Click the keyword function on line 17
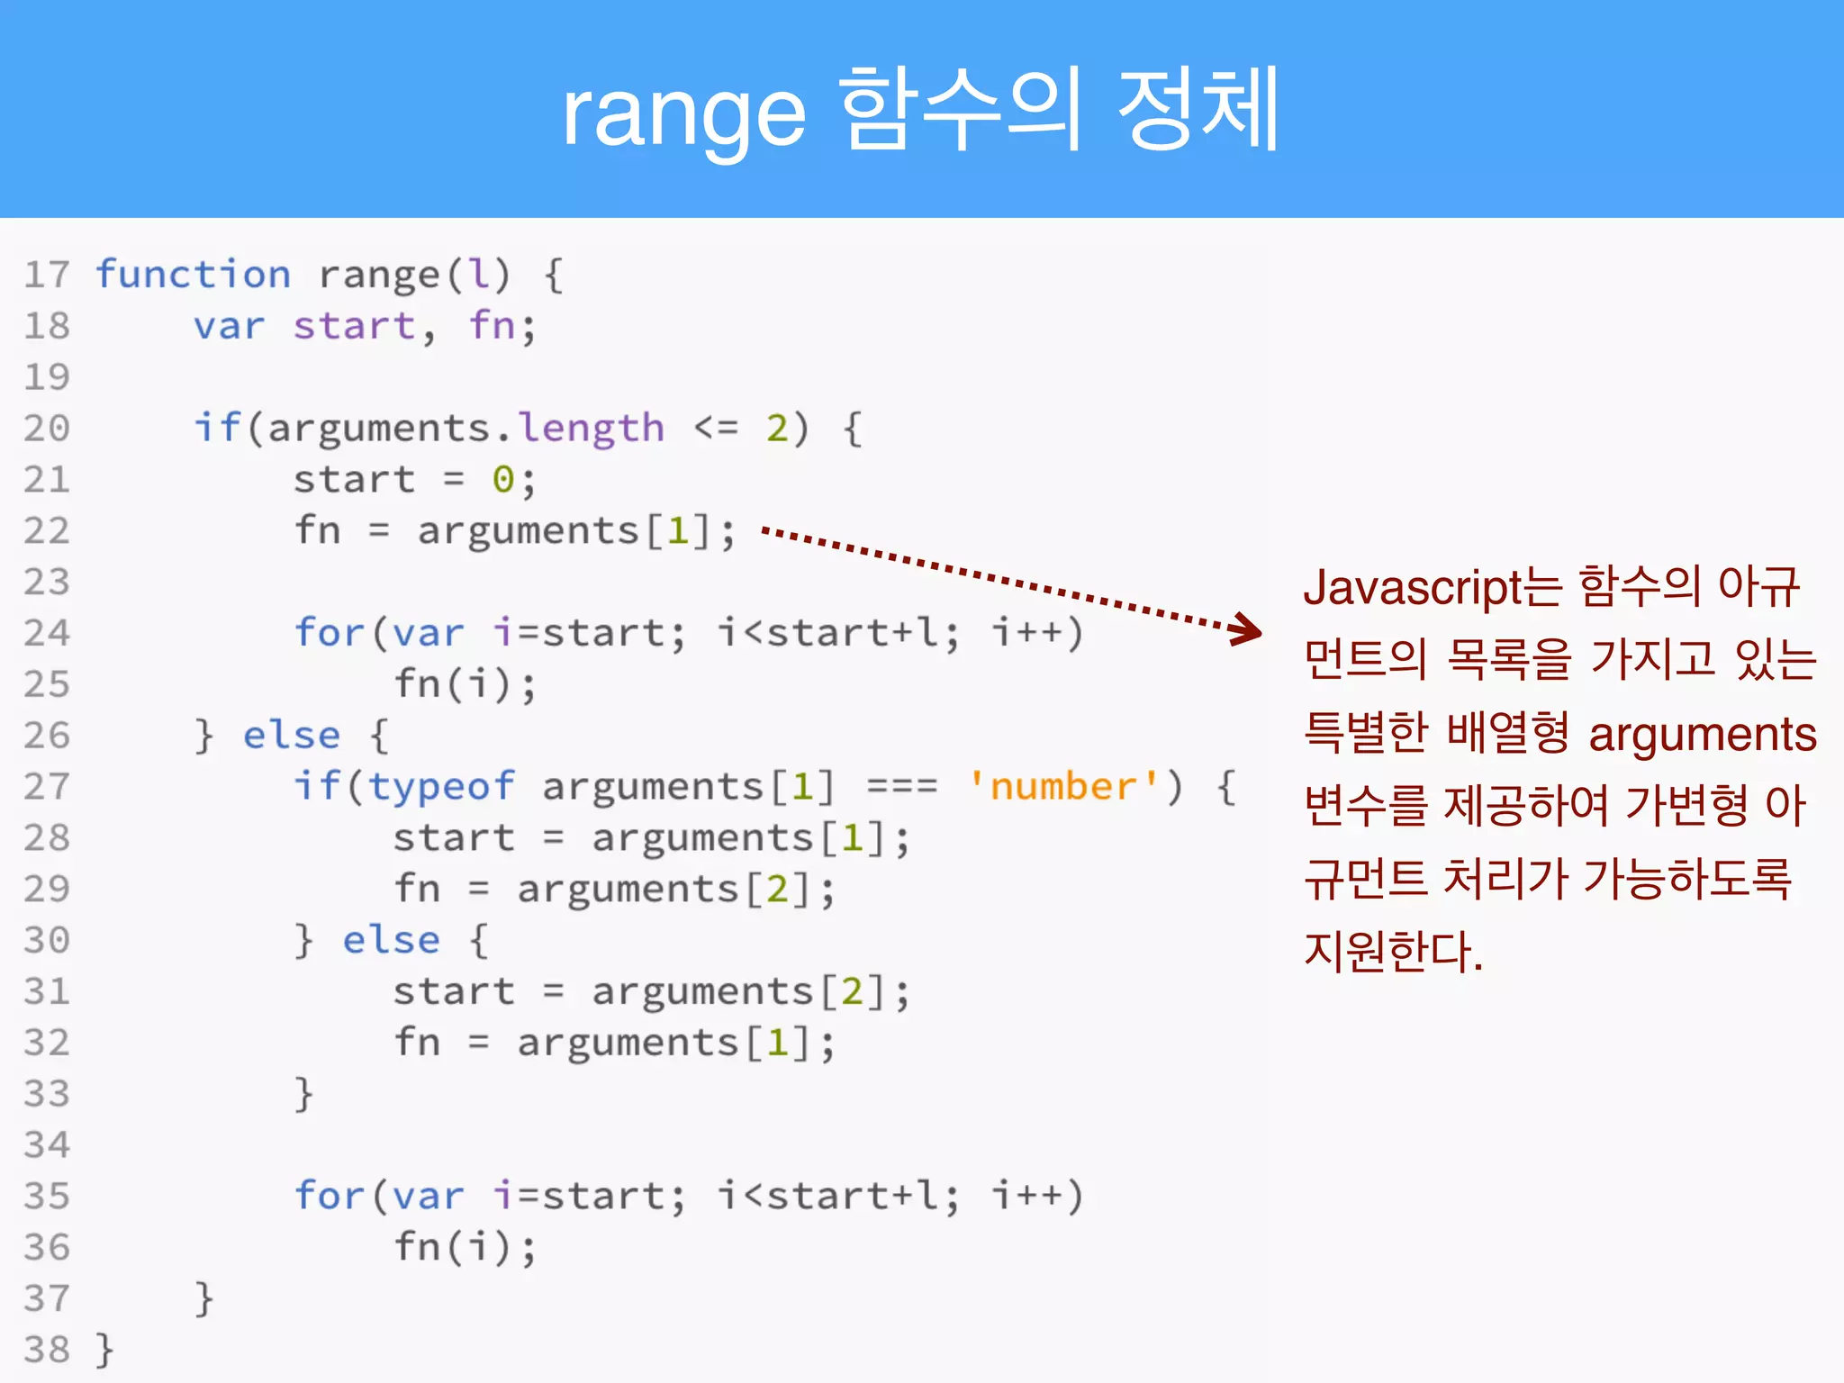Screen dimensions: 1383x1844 point(194,274)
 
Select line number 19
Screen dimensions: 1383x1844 point(47,376)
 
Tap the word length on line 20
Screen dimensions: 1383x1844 point(592,428)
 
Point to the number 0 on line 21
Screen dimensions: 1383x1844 point(502,480)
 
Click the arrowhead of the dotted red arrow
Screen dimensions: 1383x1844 point(1248,628)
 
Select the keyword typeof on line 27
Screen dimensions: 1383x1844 point(441,787)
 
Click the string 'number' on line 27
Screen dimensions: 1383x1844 point(1064,787)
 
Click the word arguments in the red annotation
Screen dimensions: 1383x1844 point(1702,734)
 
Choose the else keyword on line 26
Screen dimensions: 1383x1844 point(292,736)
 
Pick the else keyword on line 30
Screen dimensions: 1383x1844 point(392,940)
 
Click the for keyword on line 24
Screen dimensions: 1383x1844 point(329,633)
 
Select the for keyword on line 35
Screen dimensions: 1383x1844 point(329,1196)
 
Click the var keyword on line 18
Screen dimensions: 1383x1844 point(230,326)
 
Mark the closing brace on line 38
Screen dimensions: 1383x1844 point(105,1350)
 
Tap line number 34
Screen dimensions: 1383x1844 point(47,1144)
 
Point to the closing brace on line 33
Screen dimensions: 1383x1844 point(304,1094)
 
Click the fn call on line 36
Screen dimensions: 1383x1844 point(417,1247)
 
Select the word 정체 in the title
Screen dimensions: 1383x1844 point(1198,110)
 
